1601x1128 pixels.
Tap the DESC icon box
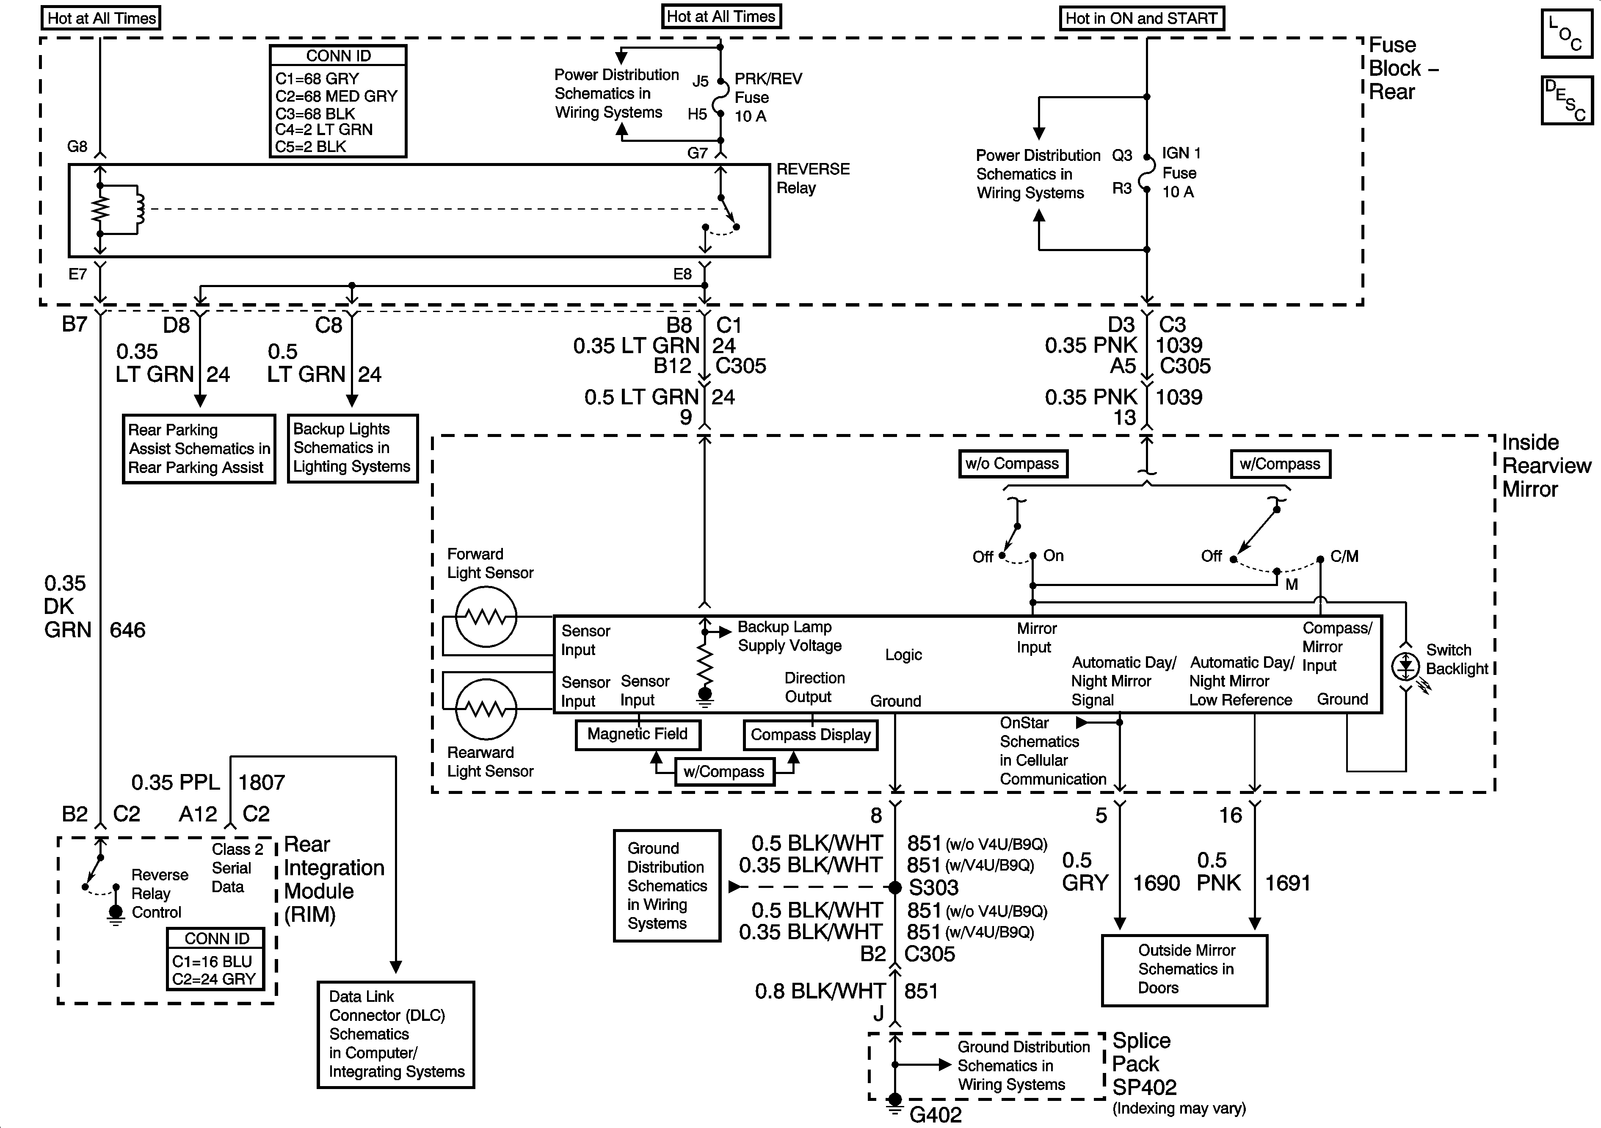(x=1566, y=100)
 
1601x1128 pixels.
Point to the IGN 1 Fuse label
(x=1181, y=172)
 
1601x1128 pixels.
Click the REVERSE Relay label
(x=813, y=179)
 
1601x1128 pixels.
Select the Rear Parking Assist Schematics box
(x=199, y=448)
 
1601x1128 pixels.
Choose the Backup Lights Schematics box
(x=352, y=448)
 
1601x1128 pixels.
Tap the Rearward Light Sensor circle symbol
(x=486, y=709)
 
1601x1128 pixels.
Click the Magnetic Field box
(x=638, y=735)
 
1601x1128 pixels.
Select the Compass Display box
(x=810, y=735)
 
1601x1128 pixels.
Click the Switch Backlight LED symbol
(x=1406, y=666)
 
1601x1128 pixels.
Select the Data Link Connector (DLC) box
(x=396, y=1034)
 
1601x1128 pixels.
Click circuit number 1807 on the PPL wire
(x=262, y=782)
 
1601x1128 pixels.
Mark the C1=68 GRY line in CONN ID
(x=317, y=79)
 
